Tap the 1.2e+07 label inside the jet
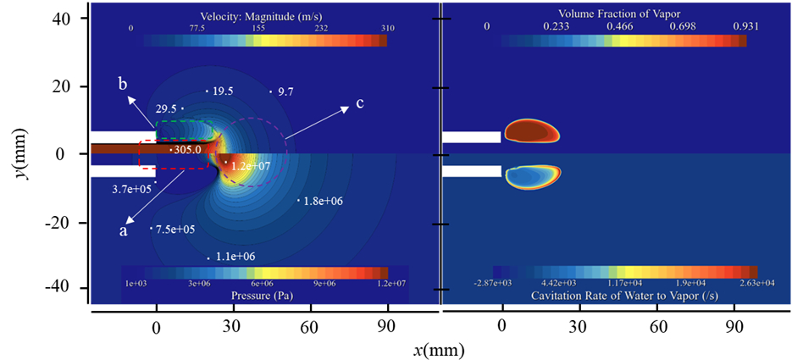pyautogui.click(x=252, y=166)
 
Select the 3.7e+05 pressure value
pyautogui.click(x=131, y=189)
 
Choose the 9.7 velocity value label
pyautogui.click(x=285, y=91)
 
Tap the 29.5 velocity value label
pyautogui.click(x=165, y=108)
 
